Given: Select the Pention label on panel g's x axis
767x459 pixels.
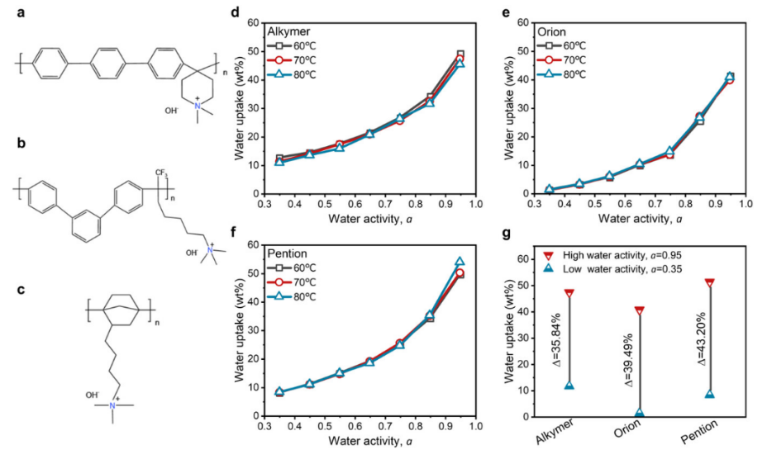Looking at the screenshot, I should coord(703,438).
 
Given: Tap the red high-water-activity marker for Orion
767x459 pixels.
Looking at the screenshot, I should coord(639,310).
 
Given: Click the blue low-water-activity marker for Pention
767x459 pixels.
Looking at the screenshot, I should coord(709,394).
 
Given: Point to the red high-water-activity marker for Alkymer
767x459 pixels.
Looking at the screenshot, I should coord(569,293).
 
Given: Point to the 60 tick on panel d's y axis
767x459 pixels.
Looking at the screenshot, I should coord(253,22).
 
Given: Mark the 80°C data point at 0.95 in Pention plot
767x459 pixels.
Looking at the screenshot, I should coord(460,263).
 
